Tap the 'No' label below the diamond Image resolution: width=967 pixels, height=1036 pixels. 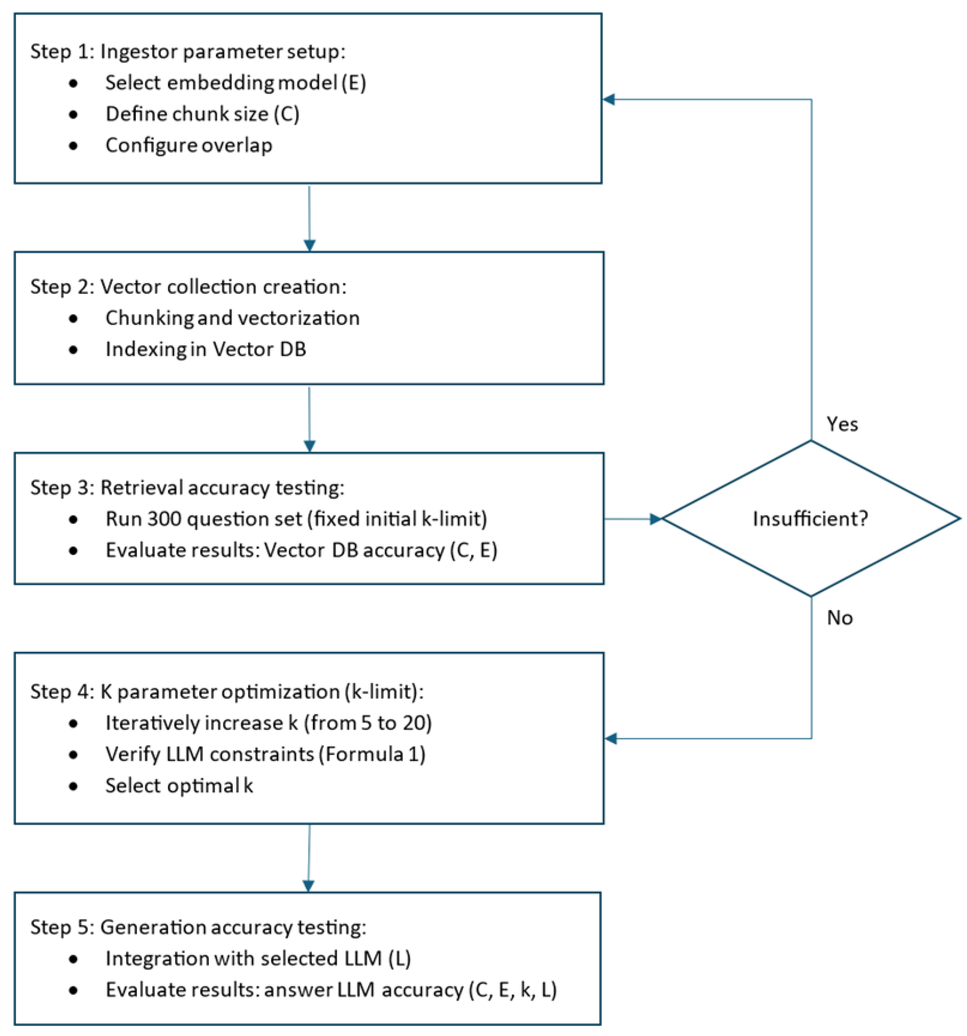(x=839, y=618)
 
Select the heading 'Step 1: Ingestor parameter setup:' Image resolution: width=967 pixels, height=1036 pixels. (x=188, y=51)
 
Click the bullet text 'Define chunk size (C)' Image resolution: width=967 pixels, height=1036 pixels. (x=202, y=114)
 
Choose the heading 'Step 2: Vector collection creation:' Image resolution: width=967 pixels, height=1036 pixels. (x=188, y=287)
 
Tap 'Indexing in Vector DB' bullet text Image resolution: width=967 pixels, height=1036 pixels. (x=205, y=349)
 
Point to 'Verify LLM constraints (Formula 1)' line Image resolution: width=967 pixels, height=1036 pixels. (x=265, y=754)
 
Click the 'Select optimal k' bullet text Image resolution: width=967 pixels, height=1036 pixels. (x=179, y=785)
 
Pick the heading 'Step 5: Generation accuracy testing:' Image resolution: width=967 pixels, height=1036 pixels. (x=198, y=927)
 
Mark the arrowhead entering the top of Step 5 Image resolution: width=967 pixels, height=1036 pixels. (x=308, y=885)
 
